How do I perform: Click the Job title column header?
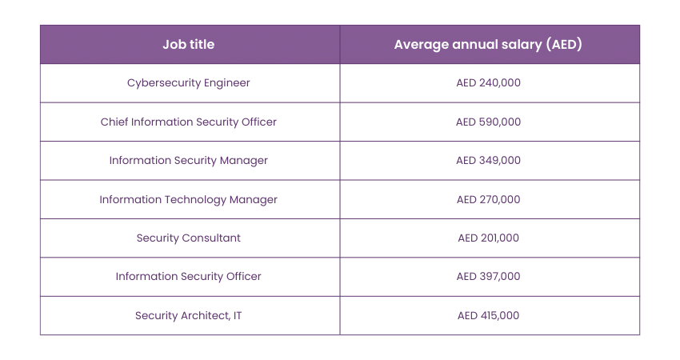pos(189,45)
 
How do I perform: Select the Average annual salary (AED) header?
pos(488,45)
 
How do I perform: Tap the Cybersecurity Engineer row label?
pos(189,83)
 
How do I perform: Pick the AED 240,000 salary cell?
pos(488,83)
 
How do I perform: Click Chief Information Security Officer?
pos(189,122)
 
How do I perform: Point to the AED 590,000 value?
pos(488,122)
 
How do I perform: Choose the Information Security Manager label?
pos(189,161)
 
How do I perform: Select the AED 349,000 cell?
pos(488,161)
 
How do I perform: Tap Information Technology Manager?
pos(189,200)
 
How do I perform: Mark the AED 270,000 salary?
pos(488,200)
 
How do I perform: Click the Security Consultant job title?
pos(189,238)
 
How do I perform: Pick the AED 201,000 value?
pos(488,238)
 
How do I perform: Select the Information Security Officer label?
pos(189,277)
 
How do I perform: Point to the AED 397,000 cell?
pos(488,277)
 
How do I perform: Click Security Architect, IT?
pos(189,316)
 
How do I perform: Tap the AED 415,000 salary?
pos(488,316)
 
